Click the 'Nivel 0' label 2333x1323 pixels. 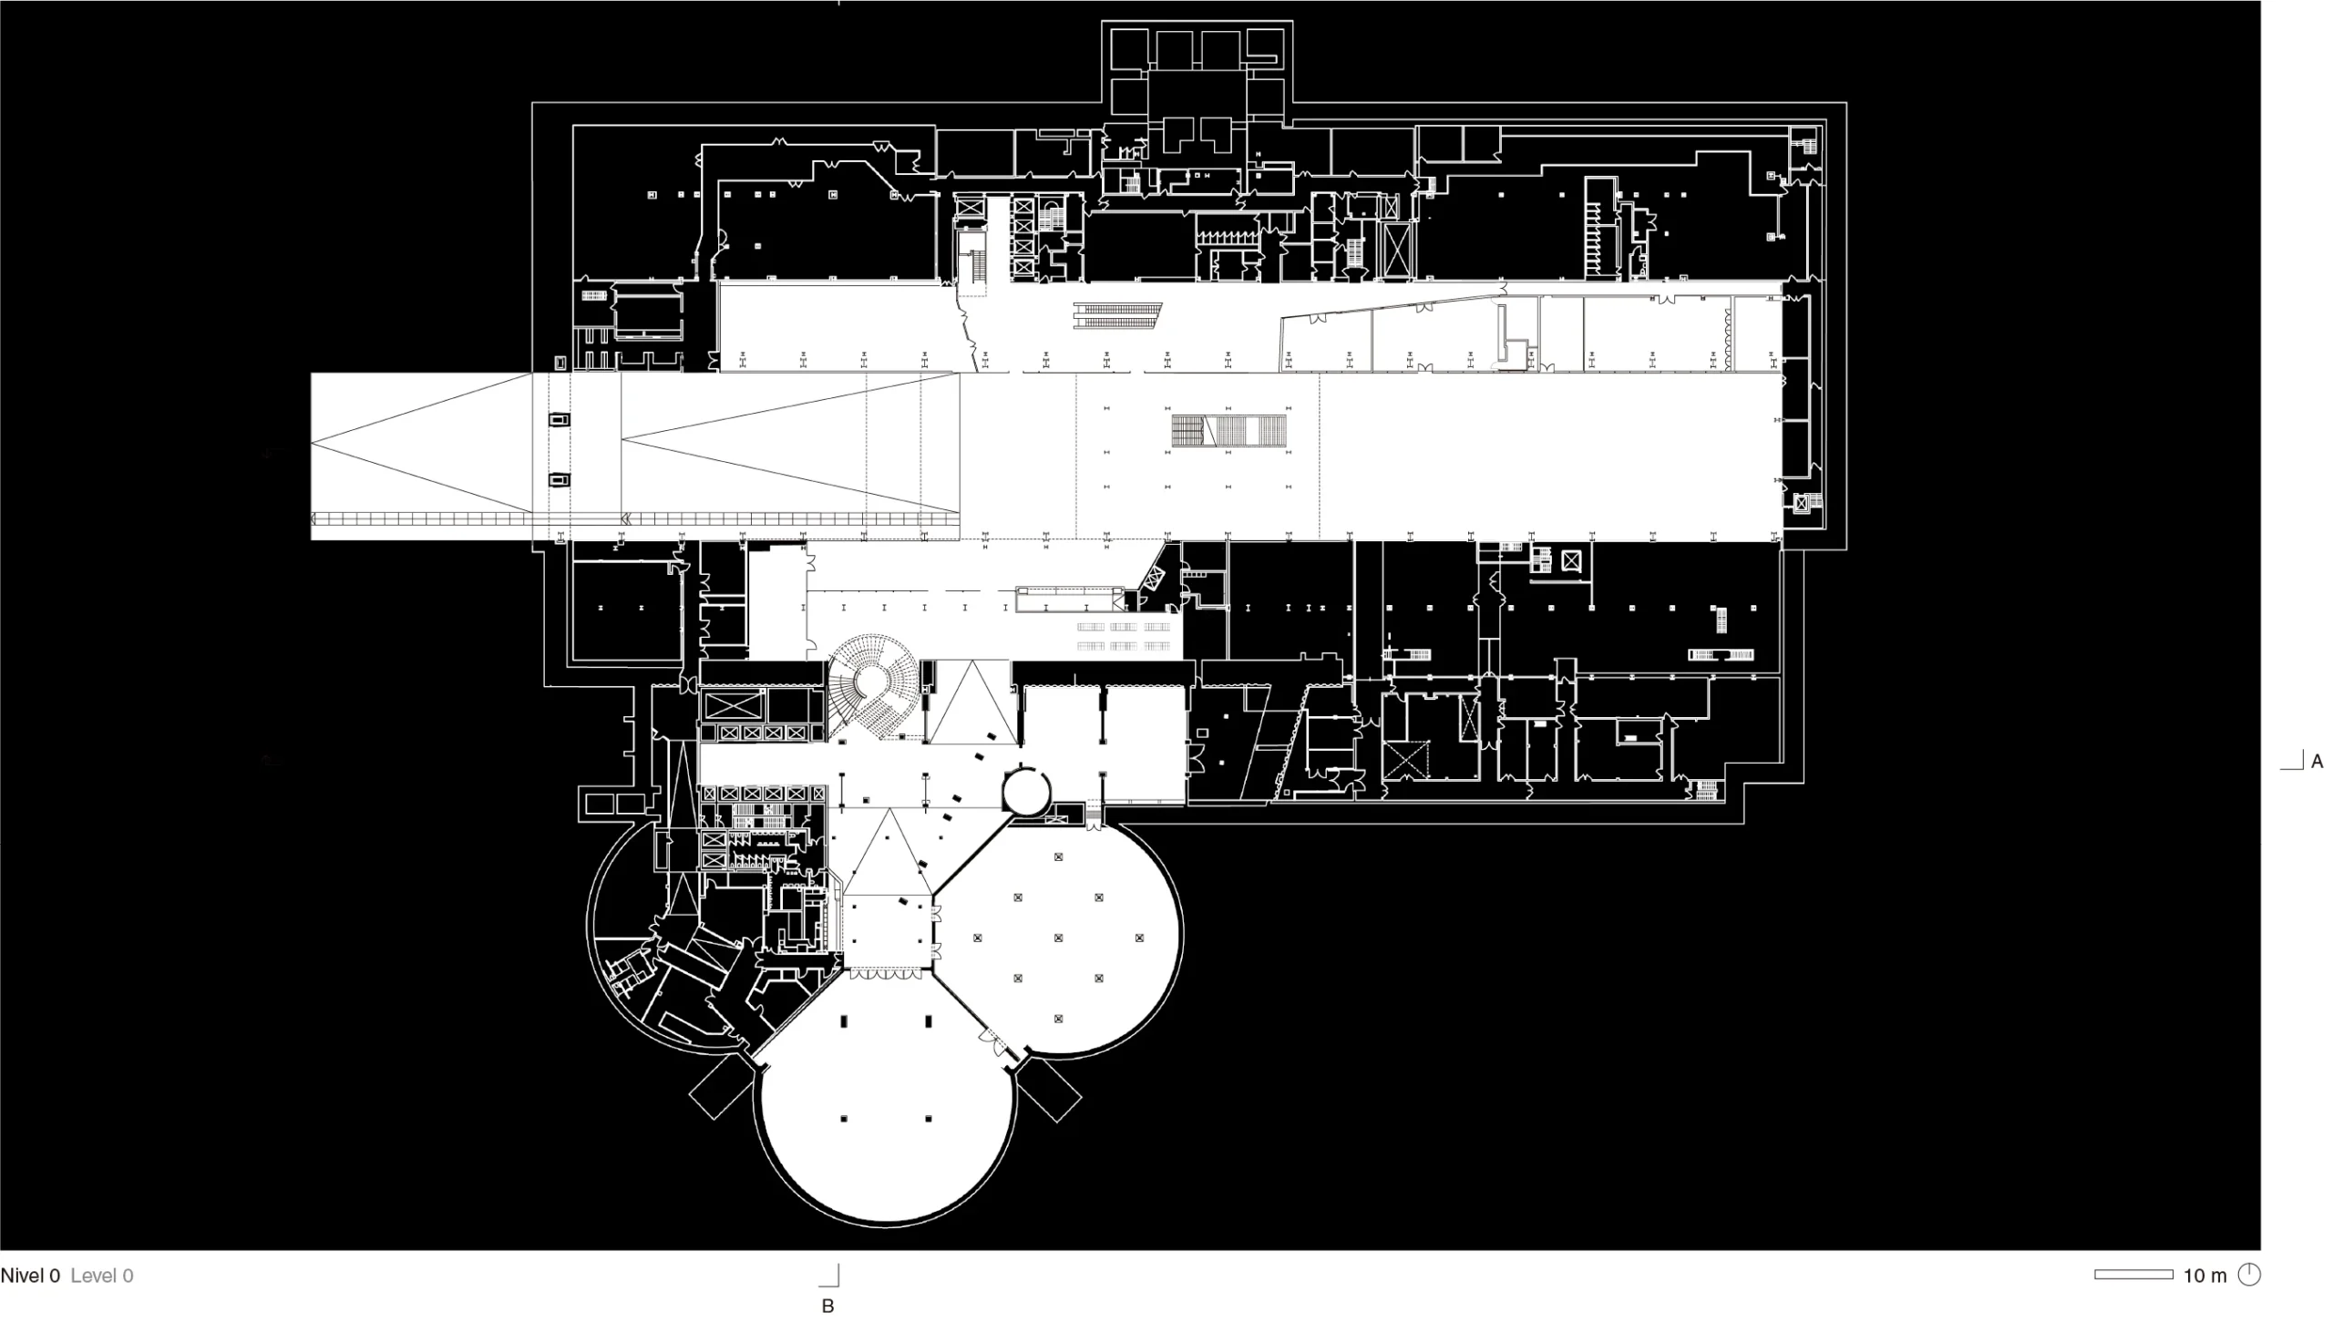coord(30,1276)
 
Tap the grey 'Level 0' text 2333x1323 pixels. coord(102,1276)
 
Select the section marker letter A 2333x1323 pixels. coord(2318,761)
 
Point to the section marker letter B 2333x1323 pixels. coord(827,1306)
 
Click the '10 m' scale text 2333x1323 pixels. coord(2205,1276)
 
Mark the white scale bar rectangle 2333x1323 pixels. coord(2133,1275)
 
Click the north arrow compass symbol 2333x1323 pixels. coord(2249,1275)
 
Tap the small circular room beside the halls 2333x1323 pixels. coord(1026,790)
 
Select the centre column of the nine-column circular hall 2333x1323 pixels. coord(1058,938)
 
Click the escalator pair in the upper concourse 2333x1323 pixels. coord(1117,315)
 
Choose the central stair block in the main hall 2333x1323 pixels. coord(1228,431)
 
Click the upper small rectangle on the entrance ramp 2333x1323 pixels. coord(559,419)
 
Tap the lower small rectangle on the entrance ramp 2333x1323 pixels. coord(559,479)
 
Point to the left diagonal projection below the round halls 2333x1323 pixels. coord(721,1087)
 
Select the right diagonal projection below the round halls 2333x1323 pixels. coord(1048,1091)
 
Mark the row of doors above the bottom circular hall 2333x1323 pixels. coord(885,974)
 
